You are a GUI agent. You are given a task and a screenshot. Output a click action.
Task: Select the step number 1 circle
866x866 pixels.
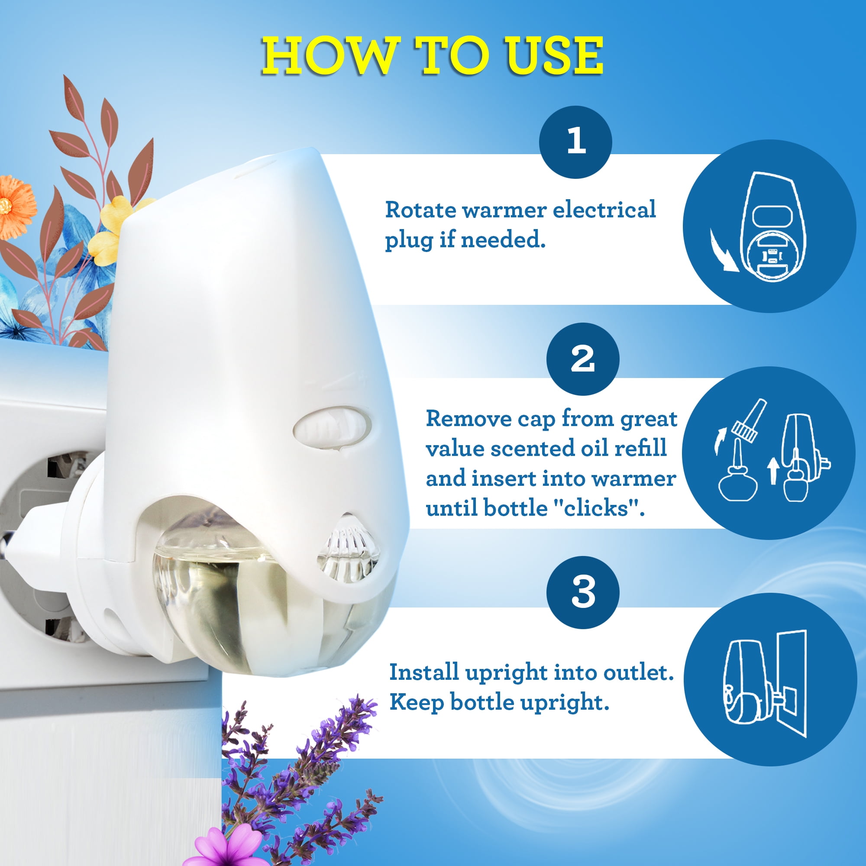point(575,142)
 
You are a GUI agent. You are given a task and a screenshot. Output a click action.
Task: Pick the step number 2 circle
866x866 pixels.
point(583,359)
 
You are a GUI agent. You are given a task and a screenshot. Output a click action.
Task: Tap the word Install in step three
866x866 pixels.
point(424,672)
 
